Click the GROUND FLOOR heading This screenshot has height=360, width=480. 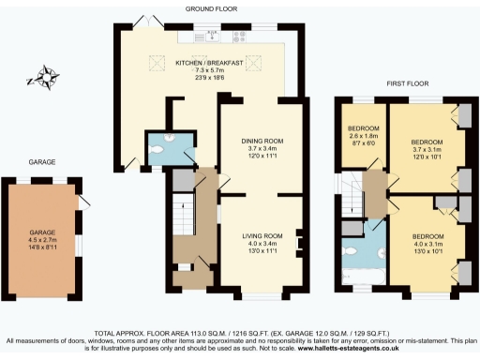click(x=211, y=8)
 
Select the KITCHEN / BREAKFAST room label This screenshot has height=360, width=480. click(x=210, y=63)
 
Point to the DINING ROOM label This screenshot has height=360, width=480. click(x=262, y=141)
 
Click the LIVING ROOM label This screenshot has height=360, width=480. click(x=262, y=235)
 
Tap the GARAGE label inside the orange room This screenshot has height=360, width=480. click(x=43, y=231)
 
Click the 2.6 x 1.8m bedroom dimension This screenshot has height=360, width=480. click(x=363, y=136)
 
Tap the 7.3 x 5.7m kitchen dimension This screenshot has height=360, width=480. click(x=210, y=70)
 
